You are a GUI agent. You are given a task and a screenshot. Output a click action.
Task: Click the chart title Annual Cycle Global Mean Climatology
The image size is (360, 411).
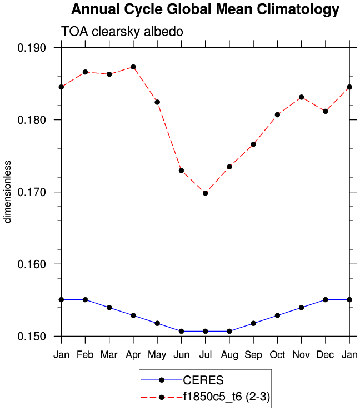tap(205, 9)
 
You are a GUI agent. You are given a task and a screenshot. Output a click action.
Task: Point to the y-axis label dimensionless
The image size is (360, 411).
tap(8, 192)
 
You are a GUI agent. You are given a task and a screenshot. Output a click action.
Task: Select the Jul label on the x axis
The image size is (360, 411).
tap(205, 354)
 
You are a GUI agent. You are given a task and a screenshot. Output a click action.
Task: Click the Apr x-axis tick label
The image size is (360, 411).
tap(133, 354)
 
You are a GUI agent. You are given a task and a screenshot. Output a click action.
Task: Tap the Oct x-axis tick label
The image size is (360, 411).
tap(277, 354)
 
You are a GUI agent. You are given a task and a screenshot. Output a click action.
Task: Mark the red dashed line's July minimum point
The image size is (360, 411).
tap(206, 193)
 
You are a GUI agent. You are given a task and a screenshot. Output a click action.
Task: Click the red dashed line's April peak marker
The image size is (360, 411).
tap(133, 67)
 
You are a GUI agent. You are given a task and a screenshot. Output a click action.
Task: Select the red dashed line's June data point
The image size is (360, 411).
tap(182, 171)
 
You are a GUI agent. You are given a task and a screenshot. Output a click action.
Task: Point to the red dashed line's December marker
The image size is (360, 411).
tap(325, 111)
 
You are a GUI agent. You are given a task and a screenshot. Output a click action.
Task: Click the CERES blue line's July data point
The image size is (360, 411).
tap(206, 331)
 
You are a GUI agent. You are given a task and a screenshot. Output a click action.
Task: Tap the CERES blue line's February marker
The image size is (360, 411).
tap(86, 299)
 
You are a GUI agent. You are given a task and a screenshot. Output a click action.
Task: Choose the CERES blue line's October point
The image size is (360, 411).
tap(277, 315)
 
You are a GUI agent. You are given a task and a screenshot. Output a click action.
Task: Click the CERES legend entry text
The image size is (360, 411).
tap(203, 380)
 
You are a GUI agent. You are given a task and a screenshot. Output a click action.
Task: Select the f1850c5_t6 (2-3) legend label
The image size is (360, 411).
tap(227, 397)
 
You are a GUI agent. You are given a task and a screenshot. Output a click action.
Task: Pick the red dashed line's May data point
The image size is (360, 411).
tap(157, 102)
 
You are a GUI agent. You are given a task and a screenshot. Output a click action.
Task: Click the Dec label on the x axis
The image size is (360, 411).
tap(325, 354)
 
